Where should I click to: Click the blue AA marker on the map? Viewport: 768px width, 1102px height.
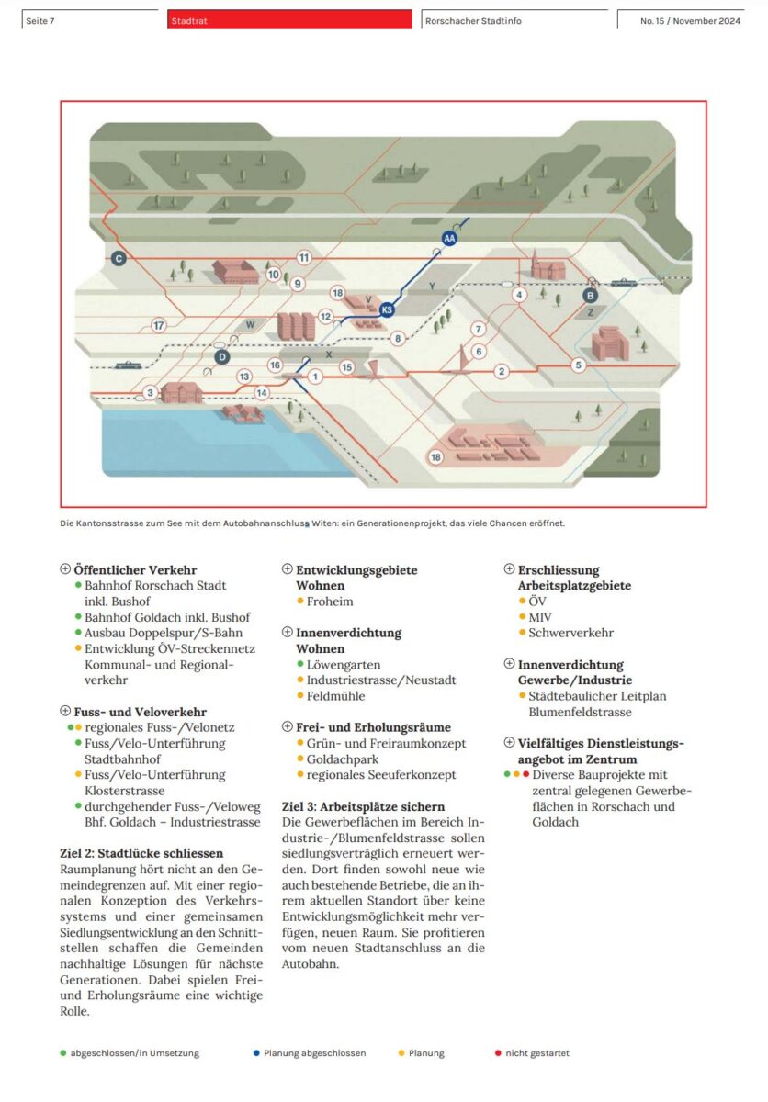pos(449,239)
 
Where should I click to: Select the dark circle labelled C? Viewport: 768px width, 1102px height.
pos(119,259)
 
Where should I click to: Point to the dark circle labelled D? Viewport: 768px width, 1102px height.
pos(220,356)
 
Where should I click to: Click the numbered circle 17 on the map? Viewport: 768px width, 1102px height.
pos(159,325)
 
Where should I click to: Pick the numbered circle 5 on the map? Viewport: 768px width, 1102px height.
pos(578,365)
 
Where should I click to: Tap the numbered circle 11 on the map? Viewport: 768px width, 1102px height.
pos(304,258)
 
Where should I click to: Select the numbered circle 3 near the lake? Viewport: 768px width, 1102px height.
pos(150,393)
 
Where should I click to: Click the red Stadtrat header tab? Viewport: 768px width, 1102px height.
pos(289,20)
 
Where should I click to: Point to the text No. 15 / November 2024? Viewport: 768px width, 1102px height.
pos(690,21)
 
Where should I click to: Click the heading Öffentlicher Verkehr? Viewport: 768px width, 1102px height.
pos(135,570)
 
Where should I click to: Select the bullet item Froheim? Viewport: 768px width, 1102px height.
pos(330,602)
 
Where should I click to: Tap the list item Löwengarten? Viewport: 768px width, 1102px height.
pos(344,664)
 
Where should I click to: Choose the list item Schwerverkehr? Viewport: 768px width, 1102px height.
pos(570,633)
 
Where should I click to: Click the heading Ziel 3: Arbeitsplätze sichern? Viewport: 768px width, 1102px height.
pos(363,806)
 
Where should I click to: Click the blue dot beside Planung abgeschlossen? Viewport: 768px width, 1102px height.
pos(254,1053)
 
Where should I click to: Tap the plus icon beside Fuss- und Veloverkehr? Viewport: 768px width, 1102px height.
pos(65,712)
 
